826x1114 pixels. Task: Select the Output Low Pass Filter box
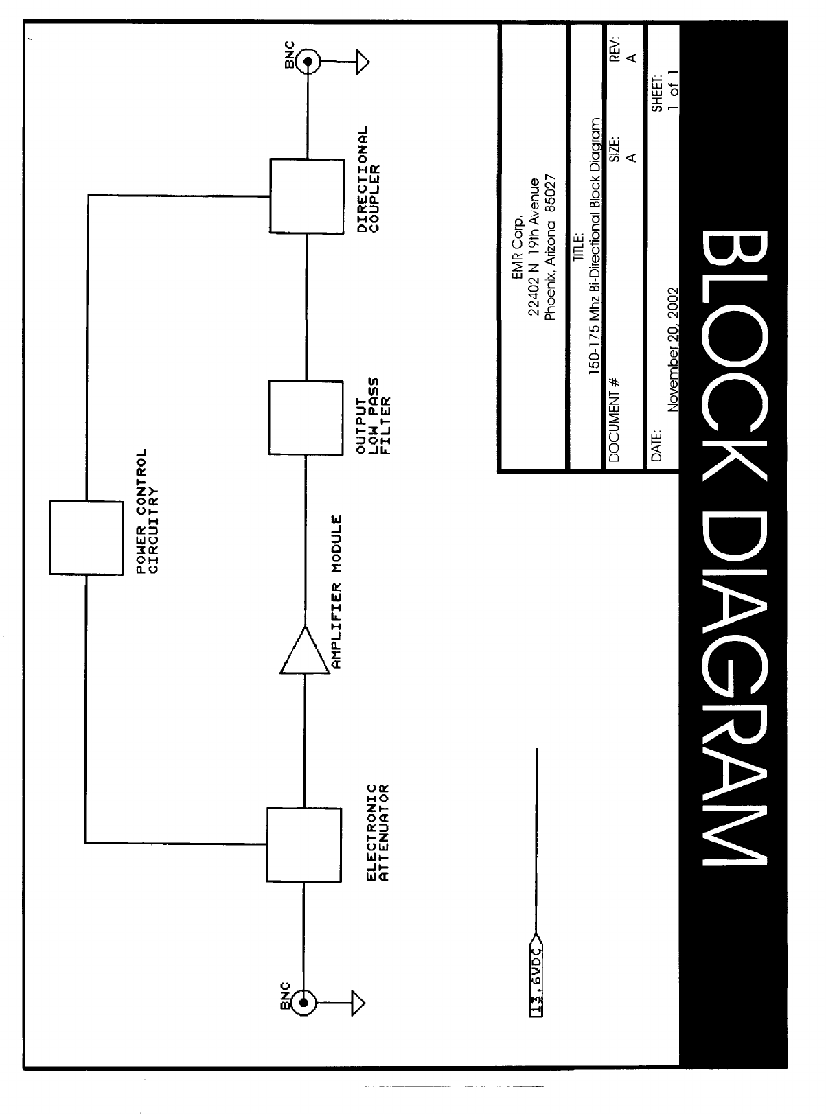click(x=305, y=418)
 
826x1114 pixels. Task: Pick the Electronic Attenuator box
click(x=303, y=844)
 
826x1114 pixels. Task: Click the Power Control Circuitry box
click(x=85, y=537)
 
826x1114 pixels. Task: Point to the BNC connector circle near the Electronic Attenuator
click(x=304, y=1003)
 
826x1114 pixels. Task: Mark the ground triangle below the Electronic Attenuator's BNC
click(x=357, y=1003)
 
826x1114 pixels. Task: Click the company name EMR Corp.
click(x=518, y=238)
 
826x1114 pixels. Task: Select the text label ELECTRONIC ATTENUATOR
click(x=377, y=832)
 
